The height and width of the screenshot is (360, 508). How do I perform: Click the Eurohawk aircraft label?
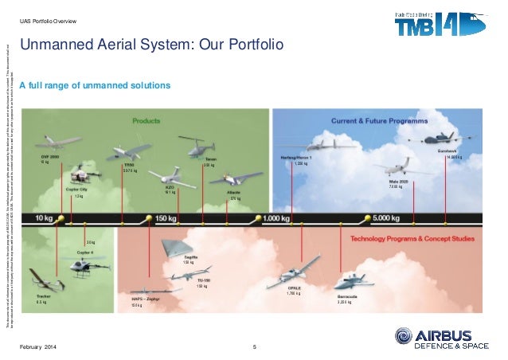coord(447,150)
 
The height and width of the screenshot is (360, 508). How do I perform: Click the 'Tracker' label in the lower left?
coord(45,296)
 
